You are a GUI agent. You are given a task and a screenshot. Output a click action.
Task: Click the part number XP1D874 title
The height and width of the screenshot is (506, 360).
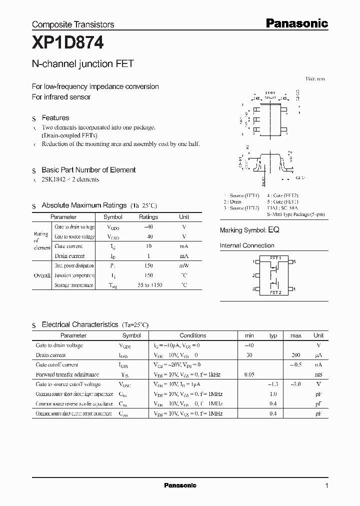[x=68, y=44]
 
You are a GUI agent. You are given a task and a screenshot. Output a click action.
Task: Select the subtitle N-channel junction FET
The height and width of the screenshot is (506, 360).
[x=82, y=64]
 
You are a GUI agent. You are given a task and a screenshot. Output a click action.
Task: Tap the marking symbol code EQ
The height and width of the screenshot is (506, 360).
[x=273, y=230]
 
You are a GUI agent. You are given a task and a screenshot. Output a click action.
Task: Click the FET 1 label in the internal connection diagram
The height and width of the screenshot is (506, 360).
[x=275, y=258]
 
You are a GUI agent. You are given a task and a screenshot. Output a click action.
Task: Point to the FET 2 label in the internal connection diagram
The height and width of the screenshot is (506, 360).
[x=275, y=292]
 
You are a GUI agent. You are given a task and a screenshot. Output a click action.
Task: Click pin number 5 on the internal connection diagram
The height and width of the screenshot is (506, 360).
[x=295, y=262]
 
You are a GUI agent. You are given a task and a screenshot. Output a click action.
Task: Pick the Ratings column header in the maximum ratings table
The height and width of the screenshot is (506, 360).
[x=148, y=217]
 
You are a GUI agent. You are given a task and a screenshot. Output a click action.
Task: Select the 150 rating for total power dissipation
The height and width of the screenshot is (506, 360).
[x=148, y=265]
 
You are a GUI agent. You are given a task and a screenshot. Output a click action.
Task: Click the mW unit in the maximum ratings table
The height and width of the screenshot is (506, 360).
[x=184, y=265]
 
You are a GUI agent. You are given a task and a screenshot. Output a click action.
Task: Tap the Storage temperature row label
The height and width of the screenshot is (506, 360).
[x=73, y=285]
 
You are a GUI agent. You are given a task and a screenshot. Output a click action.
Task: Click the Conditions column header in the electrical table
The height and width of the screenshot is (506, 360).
[x=192, y=335]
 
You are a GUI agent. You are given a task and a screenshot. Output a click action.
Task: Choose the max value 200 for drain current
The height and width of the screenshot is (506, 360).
[x=295, y=355]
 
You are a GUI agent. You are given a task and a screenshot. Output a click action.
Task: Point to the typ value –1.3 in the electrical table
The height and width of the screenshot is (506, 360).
[x=272, y=384]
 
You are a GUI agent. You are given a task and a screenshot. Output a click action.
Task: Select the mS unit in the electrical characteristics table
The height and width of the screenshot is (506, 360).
[x=318, y=374]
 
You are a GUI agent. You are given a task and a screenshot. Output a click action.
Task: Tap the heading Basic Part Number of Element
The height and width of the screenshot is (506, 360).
[x=88, y=170]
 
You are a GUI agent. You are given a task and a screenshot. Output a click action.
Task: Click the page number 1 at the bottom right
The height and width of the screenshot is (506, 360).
[x=326, y=485]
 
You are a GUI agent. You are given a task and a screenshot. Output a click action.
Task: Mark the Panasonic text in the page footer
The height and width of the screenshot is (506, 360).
[x=180, y=485]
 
